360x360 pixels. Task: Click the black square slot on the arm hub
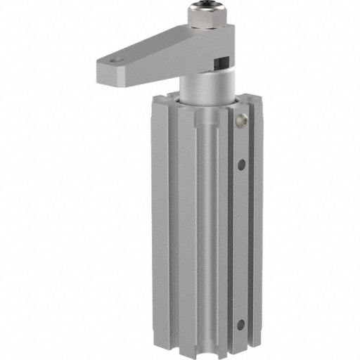point(223,62)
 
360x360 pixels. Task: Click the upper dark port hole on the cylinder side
point(241,165)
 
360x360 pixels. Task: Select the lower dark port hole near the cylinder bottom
point(240,304)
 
